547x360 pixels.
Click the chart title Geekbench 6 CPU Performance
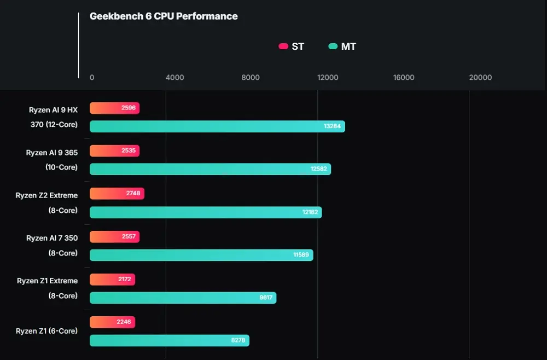[x=164, y=16]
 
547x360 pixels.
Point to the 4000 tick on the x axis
[x=174, y=78]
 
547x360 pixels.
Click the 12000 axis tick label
[x=328, y=78]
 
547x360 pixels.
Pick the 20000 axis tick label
[x=480, y=78]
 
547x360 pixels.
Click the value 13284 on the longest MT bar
[x=332, y=126]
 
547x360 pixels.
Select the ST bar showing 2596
[x=114, y=108]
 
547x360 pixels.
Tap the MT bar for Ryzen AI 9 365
[x=210, y=169]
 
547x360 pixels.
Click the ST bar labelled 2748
[x=117, y=194]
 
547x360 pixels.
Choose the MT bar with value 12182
[x=206, y=212]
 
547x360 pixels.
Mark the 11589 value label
[x=301, y=255]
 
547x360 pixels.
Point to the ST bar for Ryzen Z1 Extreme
[x=112, y=280]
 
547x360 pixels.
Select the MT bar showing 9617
[x=183, y=298]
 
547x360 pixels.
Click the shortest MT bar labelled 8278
[x=169, y=340]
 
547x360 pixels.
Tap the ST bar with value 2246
[x=112, y=322]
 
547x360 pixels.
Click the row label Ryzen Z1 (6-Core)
[x=46, y=331]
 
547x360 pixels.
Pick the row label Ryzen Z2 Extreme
[x=46, y=195]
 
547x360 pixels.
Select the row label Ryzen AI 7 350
[x=52, y=238]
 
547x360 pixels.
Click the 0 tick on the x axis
[x=92, y=78]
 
